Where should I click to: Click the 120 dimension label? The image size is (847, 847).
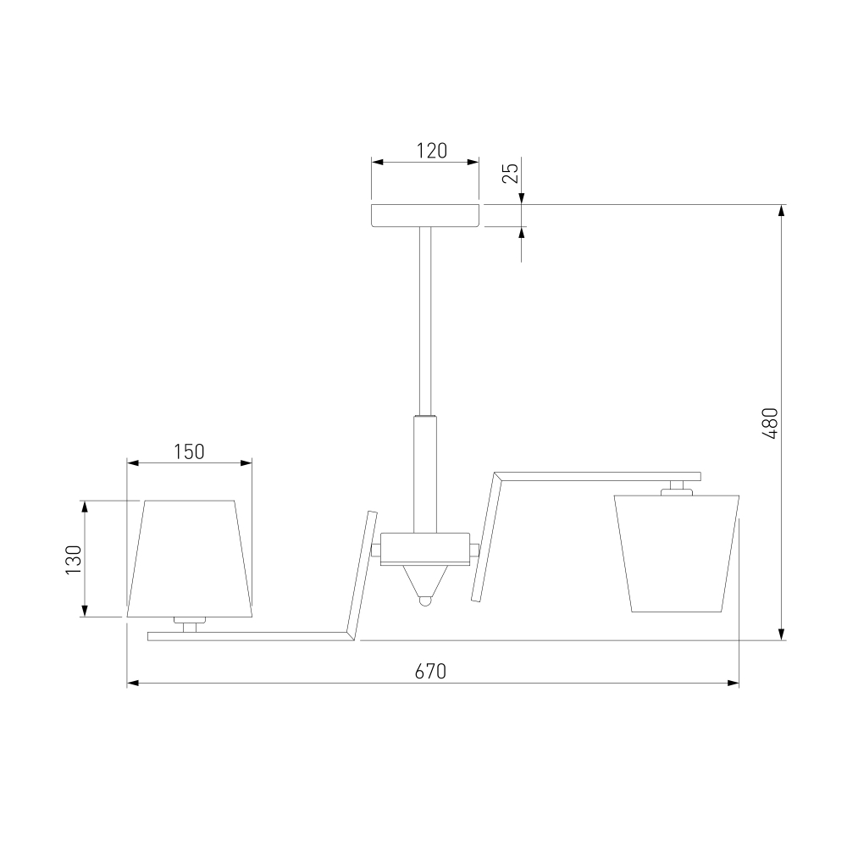pyautogui.click(x=432, y=151)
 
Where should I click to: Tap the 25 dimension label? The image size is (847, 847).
pyautogui.click(x=511, y=173)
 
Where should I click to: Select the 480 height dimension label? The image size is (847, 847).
pyautogui.click(x=770, y=423)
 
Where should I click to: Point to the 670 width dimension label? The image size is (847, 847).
pyautogui.click(x=430, y=671)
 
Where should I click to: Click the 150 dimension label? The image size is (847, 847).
pyautogui.click(x=189, y=451)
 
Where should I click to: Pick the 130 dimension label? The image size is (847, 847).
pyautogui.click(x=74, y=559)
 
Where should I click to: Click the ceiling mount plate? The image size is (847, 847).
pyautogui.click(x=425, y=215)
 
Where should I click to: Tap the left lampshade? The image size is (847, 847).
pyautogui.click(x=190, y=558)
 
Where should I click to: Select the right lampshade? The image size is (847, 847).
pyautogui.click(x=677, y=554)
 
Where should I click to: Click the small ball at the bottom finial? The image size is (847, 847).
pyautogui.click(x=425, y=601)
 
